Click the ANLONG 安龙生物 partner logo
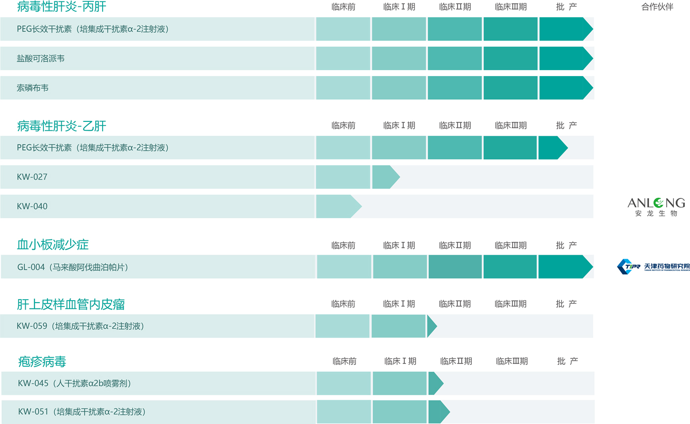[x=656, y=207]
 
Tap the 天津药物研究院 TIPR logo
[x=653, y=267]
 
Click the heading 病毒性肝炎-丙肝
[x=61, y=7]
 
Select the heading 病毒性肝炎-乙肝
[x=61, y=126]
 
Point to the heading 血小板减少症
[x=53, y=245]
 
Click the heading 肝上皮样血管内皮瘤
[x=71, y=304]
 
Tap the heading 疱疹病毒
[x=41, y=362]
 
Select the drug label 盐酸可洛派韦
[x=40, y=58]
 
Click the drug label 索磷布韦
[x=33, y=88]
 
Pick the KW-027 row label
[x=32, y=177]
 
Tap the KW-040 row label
[x=32, y=206]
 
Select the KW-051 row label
[x=81, y=412]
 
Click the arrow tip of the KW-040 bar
[x=356, y=206]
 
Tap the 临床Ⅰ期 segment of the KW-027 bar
[x=385, y=177]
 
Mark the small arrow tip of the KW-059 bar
[x=432, y=326]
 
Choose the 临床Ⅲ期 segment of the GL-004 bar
[x=510, y=267]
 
